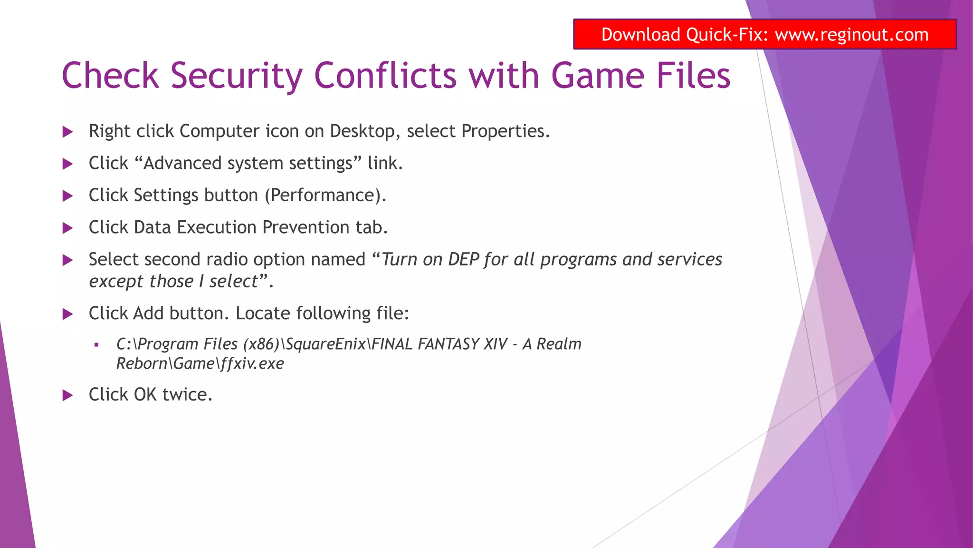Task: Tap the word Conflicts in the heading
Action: point(385,76)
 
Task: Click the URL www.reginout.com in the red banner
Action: point(851,35)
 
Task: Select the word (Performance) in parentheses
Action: point(325,196)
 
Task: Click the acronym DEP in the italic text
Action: point(464,260)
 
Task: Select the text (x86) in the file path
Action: point(261,344)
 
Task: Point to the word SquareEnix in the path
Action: point(326,344)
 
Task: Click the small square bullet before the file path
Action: point(96,345)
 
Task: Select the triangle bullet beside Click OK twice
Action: point(68,395)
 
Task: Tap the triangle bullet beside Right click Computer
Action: point(68,132)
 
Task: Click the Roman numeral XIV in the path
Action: point(495,344)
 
